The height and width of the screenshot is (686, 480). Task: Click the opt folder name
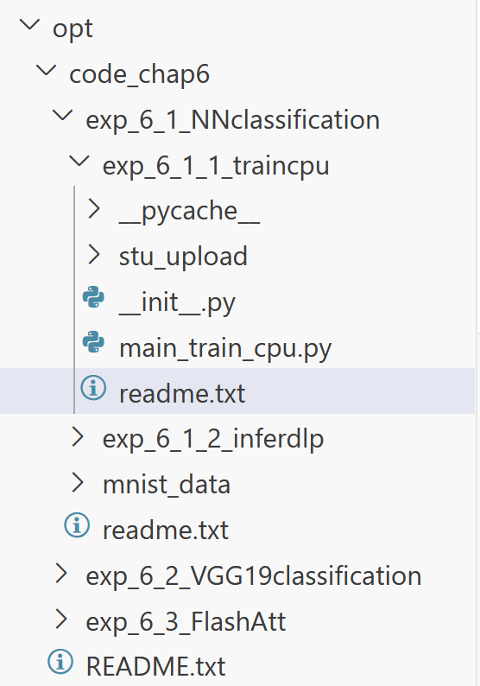tap(73, 29)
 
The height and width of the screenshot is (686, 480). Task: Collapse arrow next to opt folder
tap(30, 25)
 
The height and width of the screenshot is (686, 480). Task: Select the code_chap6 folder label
tap(140, 74)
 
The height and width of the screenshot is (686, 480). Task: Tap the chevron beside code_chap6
tap(47, 71)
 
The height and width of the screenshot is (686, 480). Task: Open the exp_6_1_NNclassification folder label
tap(232, 120)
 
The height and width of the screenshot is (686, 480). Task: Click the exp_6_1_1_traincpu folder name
tap(216, 166)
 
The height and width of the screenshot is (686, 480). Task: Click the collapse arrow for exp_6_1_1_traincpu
tap(79, 162)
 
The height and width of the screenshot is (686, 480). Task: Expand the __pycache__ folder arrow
tap(94, 209)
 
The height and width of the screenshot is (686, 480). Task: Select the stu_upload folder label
tap(183, 257)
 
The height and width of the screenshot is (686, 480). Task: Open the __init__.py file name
tap(178, 302)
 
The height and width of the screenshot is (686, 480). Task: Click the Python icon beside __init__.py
tap(93, 297)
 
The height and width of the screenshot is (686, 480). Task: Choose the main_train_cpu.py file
tap(225, 349)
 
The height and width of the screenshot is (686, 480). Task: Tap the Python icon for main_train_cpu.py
tap(93, 342)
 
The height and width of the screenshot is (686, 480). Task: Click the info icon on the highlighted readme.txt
tap(93, 388)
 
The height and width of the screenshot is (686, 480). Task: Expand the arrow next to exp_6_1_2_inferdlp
tap(78, 436)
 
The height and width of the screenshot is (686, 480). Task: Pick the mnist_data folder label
tap(167, 485)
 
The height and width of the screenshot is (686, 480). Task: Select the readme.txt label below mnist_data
tap(166, 530)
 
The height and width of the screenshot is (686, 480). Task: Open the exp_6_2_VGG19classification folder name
tap(254, 576)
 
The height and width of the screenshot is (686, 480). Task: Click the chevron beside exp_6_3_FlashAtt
tap(61, 619)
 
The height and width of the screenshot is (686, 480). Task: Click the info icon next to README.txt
tap(60, 662)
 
